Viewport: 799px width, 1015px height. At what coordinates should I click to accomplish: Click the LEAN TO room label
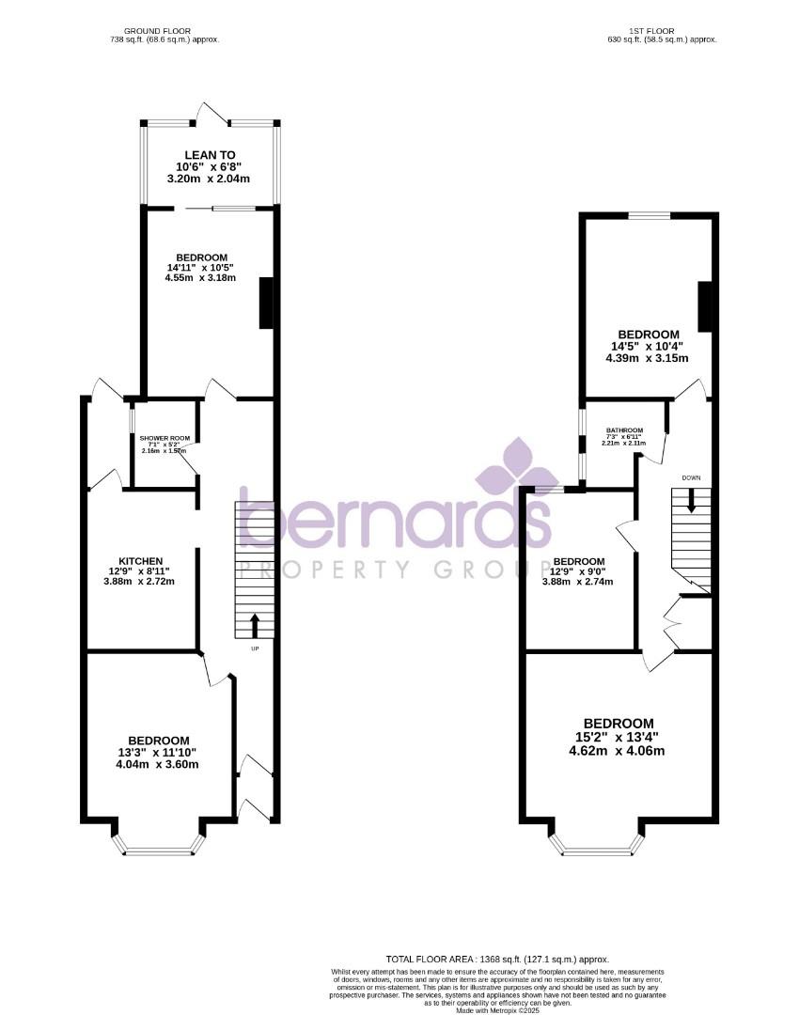click(x=210, y=154)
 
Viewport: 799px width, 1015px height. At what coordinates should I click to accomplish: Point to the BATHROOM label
click(x=624, y=430)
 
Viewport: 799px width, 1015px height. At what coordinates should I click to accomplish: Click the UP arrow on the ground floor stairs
click(x=255, y=625)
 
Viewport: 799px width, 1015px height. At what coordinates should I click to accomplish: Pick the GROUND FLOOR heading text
click(x=164, y=30)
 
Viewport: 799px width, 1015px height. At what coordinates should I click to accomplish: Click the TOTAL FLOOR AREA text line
click(x=497, y=958)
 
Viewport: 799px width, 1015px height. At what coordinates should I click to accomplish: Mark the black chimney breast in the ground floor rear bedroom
click(x=266, y=303)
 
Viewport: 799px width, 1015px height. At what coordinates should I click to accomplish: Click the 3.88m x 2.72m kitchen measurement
click(x=139, y=581)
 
